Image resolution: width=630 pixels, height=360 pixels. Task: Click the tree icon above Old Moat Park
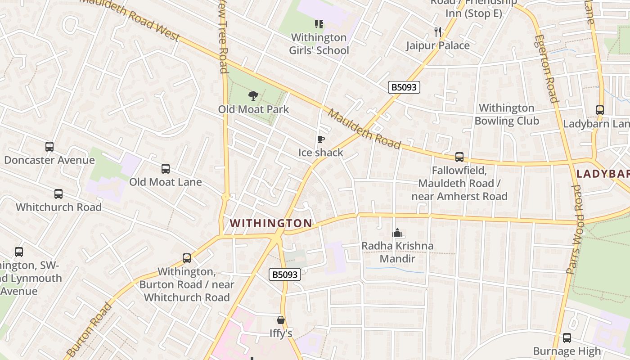pos(253,95)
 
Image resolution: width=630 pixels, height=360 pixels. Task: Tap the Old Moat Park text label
pos(253,109)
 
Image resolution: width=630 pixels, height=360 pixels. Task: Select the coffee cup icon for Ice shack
pos(320,139)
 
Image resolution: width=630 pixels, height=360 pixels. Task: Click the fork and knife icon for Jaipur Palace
pos(437,31)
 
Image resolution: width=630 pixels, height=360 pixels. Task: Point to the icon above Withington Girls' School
pos(319,24)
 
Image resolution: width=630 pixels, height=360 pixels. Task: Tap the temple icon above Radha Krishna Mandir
pos(397,233)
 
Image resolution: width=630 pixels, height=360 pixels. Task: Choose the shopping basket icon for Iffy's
pos(281,320)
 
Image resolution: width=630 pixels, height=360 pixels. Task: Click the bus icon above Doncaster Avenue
pos(49,147)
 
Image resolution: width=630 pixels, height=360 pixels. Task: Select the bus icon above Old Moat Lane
pos(166,169)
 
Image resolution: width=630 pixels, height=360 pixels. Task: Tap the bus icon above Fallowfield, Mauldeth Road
pos(459,157)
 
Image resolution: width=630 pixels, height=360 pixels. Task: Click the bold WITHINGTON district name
pos(271,223)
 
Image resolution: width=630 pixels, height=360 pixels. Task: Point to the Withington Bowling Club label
pos(506,114)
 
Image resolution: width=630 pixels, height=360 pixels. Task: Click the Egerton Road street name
pos(546,68)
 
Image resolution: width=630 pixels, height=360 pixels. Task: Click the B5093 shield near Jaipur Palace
pos(404,87)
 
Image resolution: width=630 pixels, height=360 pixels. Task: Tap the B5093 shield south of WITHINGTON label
pos(284,274)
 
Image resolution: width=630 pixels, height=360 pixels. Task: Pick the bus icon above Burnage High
pos(567,337)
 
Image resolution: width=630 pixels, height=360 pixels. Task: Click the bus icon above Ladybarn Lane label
pos(599,110)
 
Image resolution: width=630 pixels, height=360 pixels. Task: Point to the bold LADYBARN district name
pos(603,174)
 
